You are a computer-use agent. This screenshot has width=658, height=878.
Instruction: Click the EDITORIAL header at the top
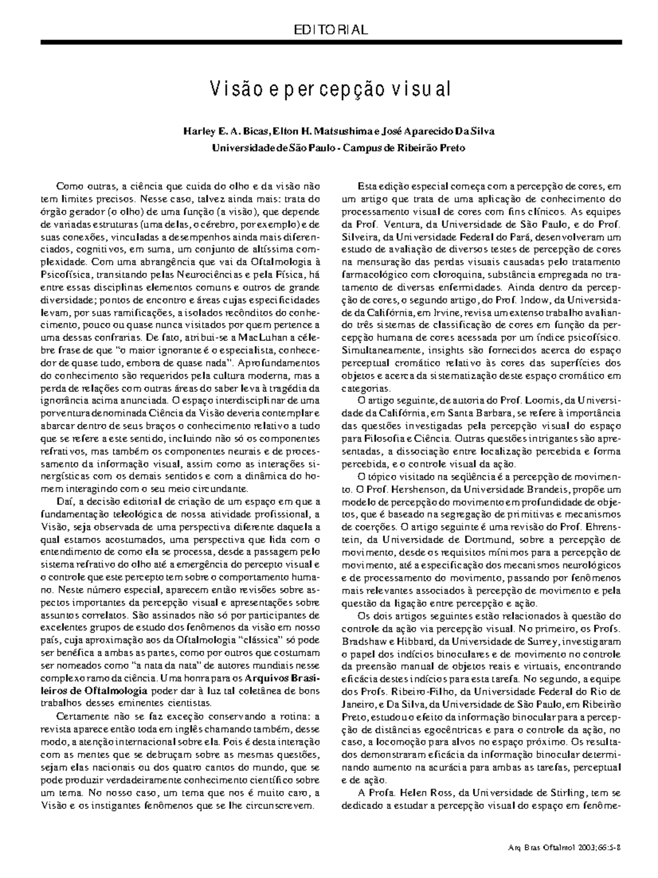coord(330,30)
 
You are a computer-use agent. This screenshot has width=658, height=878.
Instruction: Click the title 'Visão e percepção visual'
coord(330,88)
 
